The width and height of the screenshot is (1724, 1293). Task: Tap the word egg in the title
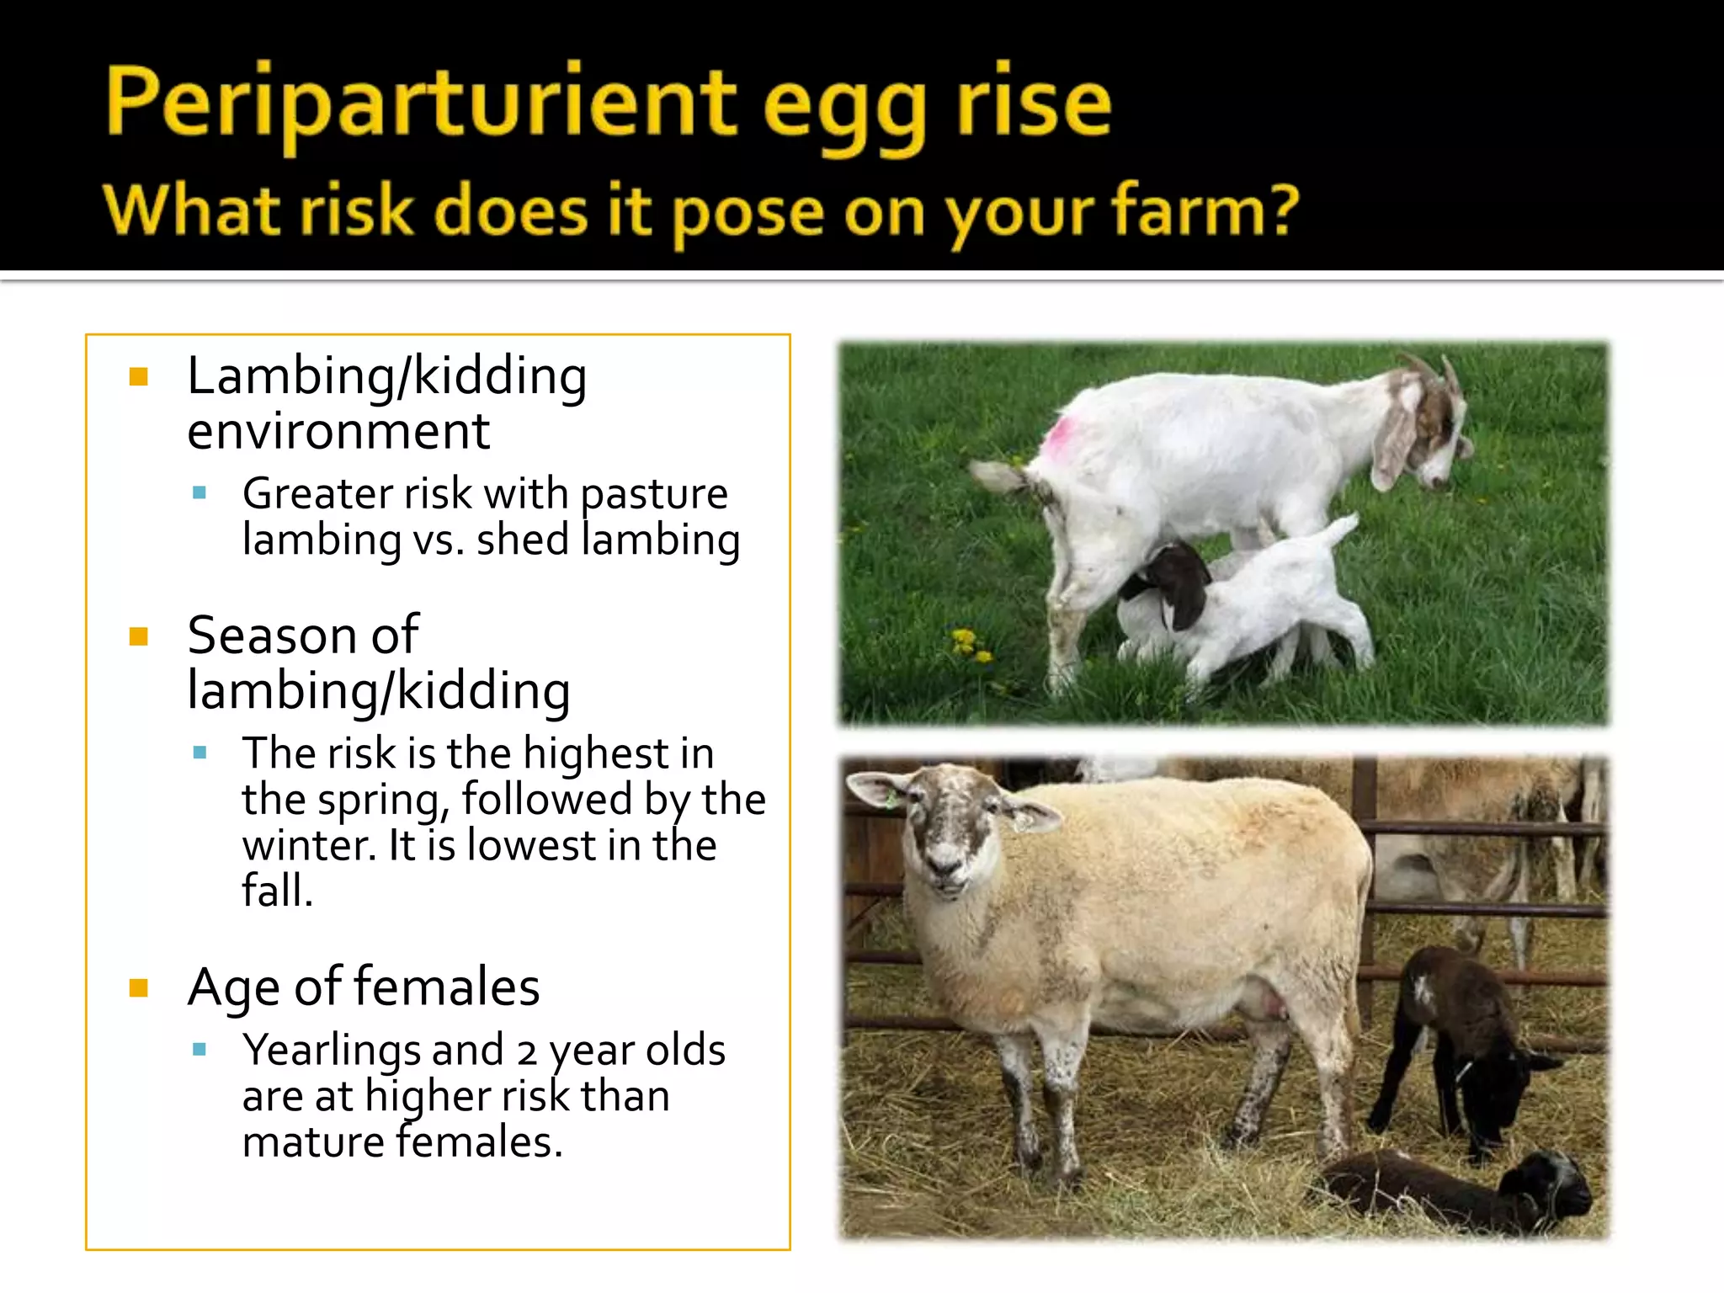(x=847, y=109)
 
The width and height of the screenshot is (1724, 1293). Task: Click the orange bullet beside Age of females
(x=139, y=987)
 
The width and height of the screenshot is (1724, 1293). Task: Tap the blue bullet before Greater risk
(x=200, y=493)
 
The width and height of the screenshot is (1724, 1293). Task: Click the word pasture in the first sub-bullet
(x=653, y=495)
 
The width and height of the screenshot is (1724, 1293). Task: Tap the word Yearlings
(x=332, y=1051)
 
